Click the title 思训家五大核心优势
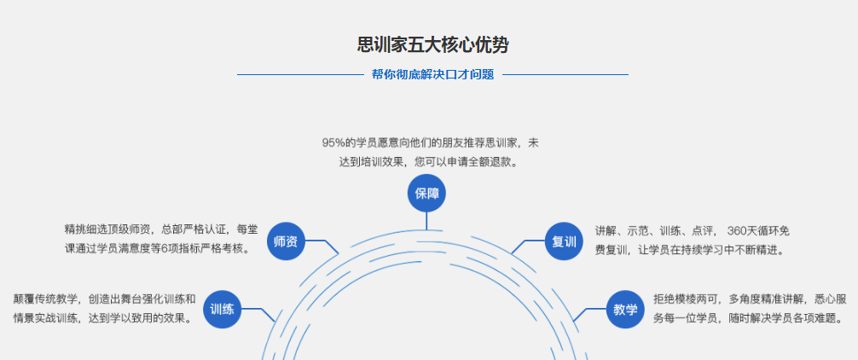[432, 45]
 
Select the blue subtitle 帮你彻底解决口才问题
[432, 74]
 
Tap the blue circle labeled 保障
[426, 194]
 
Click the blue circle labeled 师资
[286, 241]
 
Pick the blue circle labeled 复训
[564, 241]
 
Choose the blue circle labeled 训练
[222, 310]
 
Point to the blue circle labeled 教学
[625, 310]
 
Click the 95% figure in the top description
[333, 142]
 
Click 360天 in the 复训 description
[740, 230]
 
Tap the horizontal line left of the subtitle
[299, 75]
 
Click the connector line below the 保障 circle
[426, 221]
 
